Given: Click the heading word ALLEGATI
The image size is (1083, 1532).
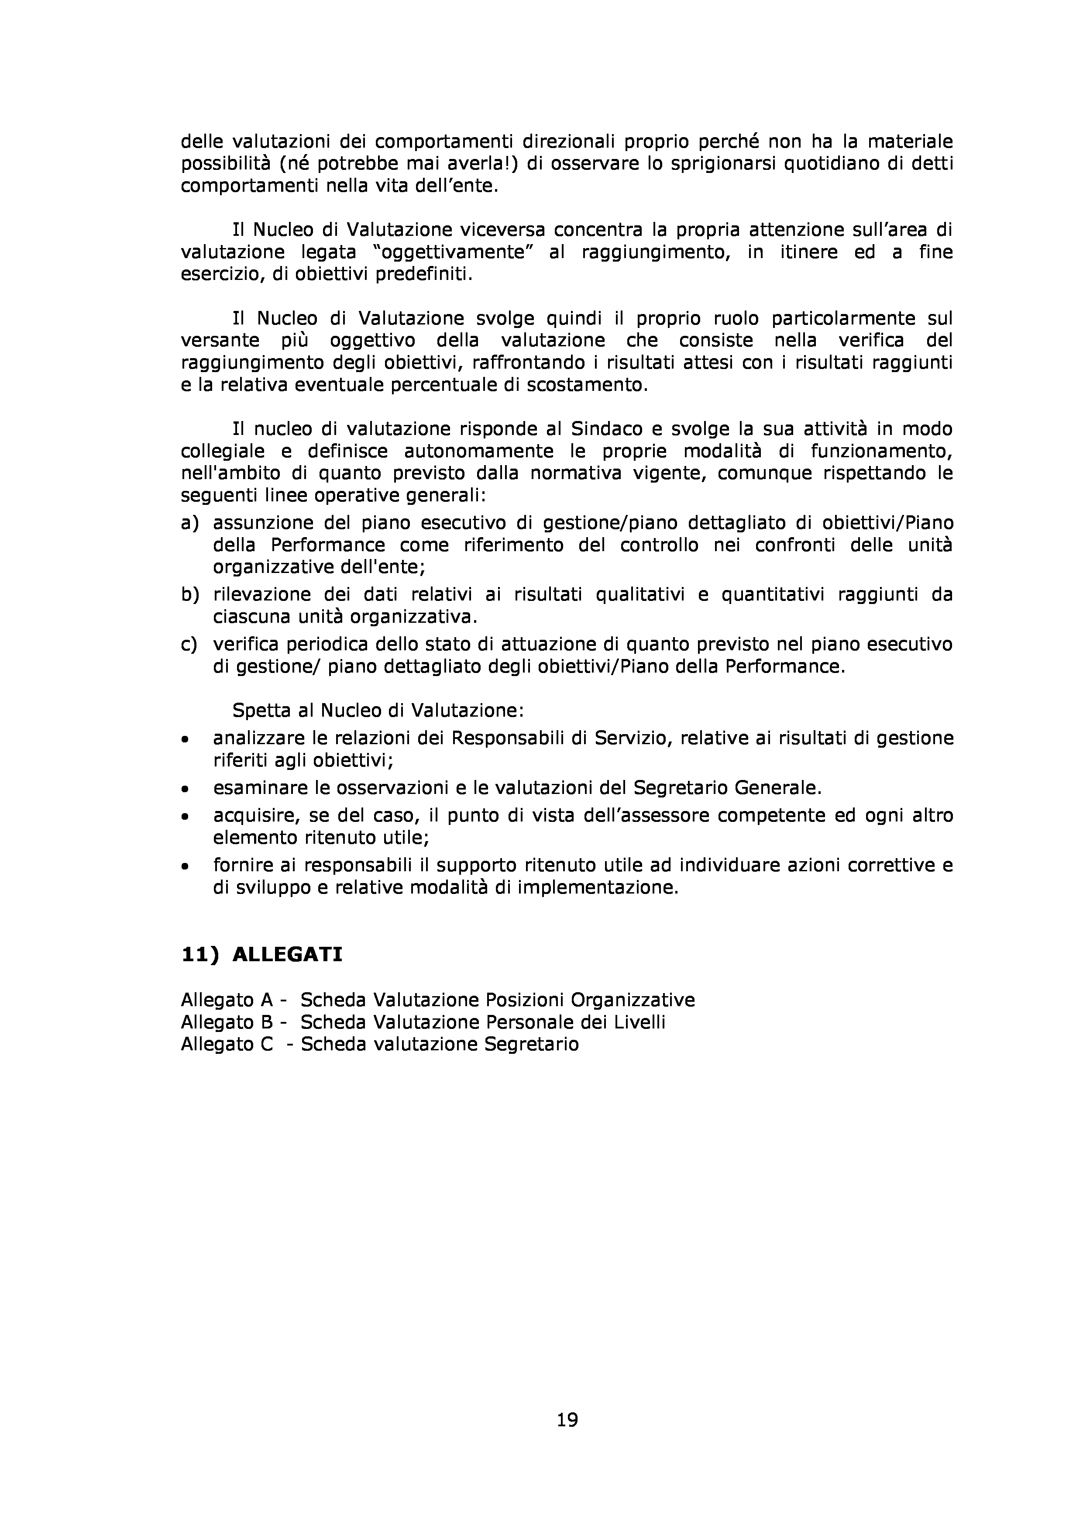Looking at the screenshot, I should click(287, 955).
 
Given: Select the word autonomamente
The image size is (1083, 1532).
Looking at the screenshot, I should click(479, 451).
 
